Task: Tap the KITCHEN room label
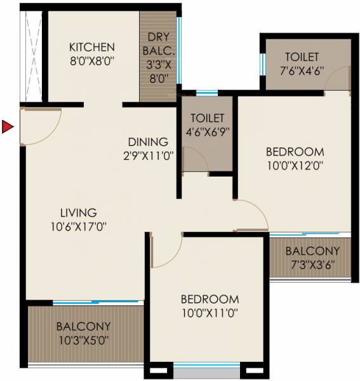(92, 47)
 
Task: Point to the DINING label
(148, 142)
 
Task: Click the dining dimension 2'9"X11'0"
(149, 154)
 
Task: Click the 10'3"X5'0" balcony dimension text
(83, 340)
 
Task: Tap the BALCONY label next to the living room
(83, 326)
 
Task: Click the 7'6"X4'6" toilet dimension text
(302, 70)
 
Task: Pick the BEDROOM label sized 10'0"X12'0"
(295, 152)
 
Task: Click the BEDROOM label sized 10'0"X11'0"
(210, 299)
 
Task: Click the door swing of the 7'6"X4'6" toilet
(337, 79)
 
